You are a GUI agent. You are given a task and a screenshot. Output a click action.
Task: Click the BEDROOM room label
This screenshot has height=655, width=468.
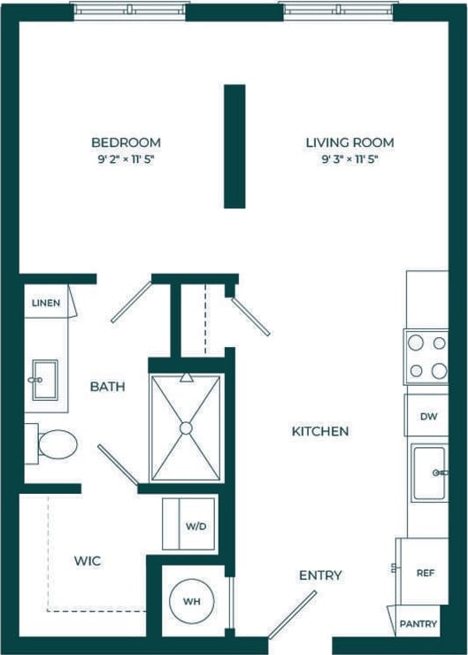(126, 143)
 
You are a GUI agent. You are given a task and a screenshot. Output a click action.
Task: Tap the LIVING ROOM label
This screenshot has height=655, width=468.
(349, 143)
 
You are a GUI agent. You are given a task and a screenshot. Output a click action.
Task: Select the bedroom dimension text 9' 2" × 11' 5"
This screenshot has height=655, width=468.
(126, 160)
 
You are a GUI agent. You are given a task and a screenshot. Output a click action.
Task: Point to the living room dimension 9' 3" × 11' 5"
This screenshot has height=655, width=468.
(349, 160)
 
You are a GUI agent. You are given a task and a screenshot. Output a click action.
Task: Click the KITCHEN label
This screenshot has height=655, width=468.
(320, 432)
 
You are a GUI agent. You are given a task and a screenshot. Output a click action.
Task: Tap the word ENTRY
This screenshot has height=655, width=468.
(320, 576)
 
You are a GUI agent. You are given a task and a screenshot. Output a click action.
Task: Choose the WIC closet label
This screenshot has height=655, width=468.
(87, 561)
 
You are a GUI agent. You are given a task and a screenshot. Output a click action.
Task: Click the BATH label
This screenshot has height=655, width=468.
(107, 387)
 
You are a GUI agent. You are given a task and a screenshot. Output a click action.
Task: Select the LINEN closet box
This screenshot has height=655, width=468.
(46, 303)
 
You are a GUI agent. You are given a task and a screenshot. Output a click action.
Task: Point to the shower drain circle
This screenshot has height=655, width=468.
(186, 428)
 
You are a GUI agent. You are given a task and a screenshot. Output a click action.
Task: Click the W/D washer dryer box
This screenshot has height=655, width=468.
(189, 525)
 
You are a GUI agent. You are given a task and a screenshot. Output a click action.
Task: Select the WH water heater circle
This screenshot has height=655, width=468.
(191, 602)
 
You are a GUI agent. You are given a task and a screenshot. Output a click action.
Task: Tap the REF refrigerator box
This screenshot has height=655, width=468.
(425, 572)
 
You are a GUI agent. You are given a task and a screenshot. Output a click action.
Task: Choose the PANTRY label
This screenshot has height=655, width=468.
(418, 624)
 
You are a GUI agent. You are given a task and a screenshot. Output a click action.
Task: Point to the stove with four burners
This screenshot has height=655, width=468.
(426, 356)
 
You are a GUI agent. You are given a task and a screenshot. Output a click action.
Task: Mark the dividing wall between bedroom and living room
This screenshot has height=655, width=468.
(234, 146)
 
